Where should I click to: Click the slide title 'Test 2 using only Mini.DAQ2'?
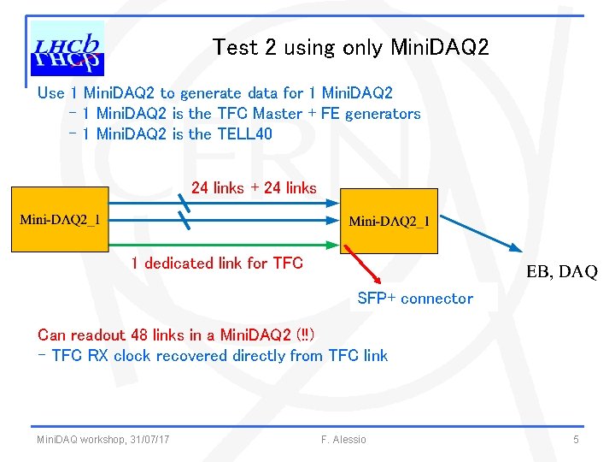(x=351, y=48)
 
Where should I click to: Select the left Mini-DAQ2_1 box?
(x=61, y=220)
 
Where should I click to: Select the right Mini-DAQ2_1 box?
(x=389, y=221)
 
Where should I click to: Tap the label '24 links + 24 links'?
(x=254, y=188)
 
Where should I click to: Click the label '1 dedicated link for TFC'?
(x=217, y=264)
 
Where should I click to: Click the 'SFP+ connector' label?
(x=414, y=299)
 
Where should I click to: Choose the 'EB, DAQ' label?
(x=561, y=273)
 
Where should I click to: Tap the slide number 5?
(x=576, y=440)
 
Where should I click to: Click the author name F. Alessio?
(x=343, y=440)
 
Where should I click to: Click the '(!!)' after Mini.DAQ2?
(x=304, y=335)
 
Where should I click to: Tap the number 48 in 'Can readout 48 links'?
(x=140, y=335)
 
